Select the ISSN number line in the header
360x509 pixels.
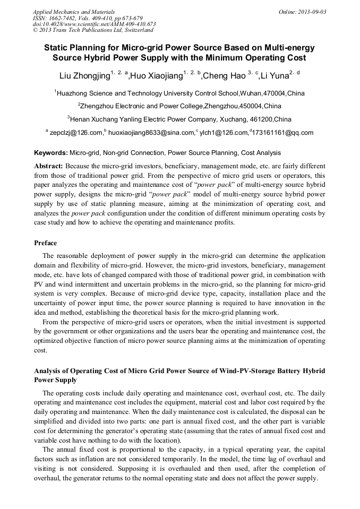pos(88,18)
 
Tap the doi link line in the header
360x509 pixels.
pos(94,24)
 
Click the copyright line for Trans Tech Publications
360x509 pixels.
pos(93,30)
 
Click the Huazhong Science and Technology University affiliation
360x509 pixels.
pos(180,93)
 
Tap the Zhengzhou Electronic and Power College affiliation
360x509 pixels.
pos(180,106)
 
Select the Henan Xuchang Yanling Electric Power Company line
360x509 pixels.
pos(180,119)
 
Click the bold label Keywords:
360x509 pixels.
pos(51,153)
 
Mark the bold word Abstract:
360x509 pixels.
pos(49,166)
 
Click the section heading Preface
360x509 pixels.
pos(46,243)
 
